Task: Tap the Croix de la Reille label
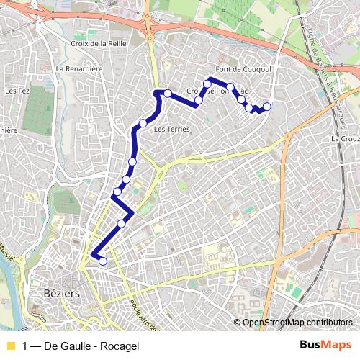pos(100,43)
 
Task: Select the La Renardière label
pos(80,69)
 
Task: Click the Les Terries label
pos(171,130)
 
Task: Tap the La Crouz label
pos(345,138)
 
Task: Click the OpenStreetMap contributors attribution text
pos(298,323)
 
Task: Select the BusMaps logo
pos(325,345)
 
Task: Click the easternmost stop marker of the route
pos(266,107)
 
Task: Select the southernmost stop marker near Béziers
pos(102,261)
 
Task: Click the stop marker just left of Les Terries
pos(143,124)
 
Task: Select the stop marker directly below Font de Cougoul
pos(230,87)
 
